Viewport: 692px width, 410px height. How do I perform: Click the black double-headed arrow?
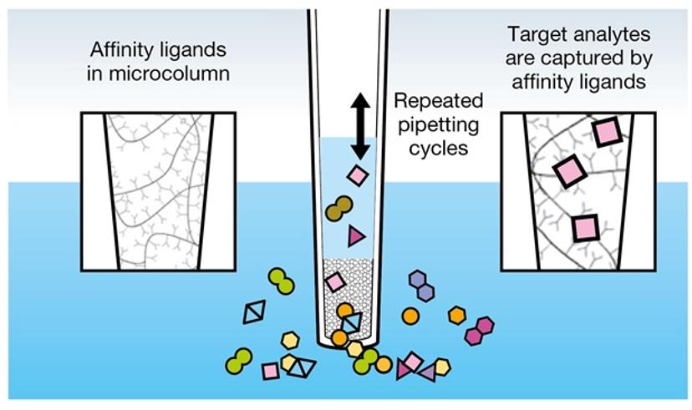tap(360, 127)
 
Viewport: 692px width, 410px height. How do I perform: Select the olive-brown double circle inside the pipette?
tap(339, 209)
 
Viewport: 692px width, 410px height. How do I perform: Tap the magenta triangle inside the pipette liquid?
tap(356, 235)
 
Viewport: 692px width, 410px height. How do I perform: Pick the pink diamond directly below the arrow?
tap(358, 175)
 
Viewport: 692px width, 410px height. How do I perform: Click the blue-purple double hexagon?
tap(421, 286)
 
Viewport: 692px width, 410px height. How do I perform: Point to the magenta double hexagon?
tap(479, 331)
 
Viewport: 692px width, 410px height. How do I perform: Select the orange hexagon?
tap(457, 316)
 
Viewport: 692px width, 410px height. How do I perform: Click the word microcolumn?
tap(170, 73)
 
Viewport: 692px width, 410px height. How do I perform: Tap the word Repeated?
tap(439, 101)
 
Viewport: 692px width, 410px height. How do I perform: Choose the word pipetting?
tap(438, 125)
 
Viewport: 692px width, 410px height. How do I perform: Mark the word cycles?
tap(438, 149)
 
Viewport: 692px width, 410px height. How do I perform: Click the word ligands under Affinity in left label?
tap(195, 50)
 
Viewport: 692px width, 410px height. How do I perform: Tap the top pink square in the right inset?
tap(607, 132)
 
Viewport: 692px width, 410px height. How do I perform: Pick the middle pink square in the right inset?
tap(570, 171)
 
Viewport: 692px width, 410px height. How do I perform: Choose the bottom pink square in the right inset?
tap(585, 228)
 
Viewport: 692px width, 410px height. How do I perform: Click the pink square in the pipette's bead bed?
tap(335, 281)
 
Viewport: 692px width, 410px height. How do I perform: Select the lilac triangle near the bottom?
tap(428, 373)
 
